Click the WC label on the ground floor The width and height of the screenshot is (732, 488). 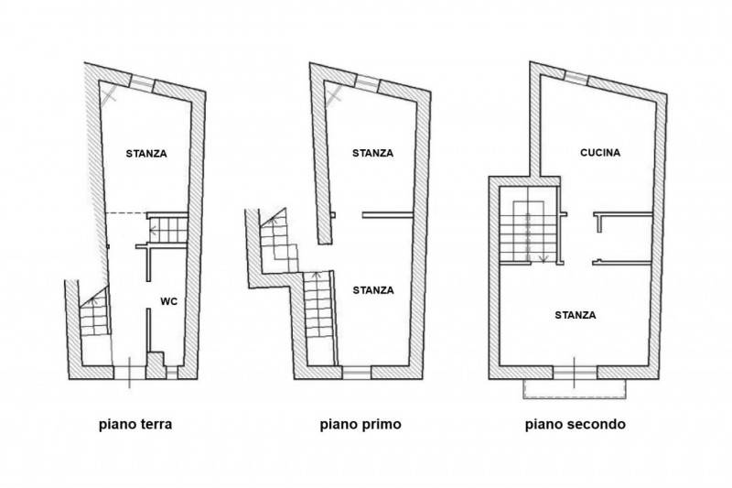[169, 301]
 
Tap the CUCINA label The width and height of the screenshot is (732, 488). [600, 153]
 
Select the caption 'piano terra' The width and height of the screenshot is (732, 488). [135, 425]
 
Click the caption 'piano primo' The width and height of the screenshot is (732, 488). [361, 425]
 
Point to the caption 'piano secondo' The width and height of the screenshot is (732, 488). [576, 425]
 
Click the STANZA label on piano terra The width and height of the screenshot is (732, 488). [146, 154]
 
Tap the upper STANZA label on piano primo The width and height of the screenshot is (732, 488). [372, 153]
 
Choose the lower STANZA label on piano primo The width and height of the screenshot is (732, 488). [373, 290]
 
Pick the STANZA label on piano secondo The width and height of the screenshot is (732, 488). [576, 315]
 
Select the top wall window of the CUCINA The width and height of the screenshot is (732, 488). [576, 78]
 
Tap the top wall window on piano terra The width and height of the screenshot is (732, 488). [142, 82]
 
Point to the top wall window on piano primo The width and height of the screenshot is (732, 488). [367, 82]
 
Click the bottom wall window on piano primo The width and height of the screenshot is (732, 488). [357, 373]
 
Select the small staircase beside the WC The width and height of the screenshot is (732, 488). [168, 230]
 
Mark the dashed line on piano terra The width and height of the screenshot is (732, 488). [126, 213]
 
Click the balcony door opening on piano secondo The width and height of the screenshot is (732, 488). [575, 373]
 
